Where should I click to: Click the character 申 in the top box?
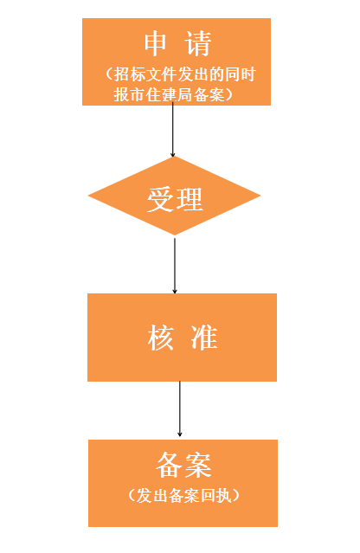[x=155, y=43]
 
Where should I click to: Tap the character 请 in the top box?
[x=198, y=43]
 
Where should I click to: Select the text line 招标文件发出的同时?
[x=185, y=74]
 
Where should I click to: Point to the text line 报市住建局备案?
[x=169, y=94]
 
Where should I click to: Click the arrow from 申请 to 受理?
[x=173, y=130]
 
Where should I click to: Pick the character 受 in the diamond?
[x=161, y=200]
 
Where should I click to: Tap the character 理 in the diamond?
[x=190, y=199]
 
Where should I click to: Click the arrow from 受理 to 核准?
[x=175, y=266]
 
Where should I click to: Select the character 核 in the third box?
[x=161, y=338]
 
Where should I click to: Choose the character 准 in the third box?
[x=204, y=338]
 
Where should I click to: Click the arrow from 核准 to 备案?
[x=179, y=409]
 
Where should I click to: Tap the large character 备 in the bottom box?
[x=170, y=465]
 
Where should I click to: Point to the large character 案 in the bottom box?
[x=198, y=465]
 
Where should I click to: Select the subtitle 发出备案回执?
[x=183, y=496]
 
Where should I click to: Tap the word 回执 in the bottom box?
[x=215, y=496]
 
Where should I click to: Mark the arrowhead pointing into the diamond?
[x=173, y=154]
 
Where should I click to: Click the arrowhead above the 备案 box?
[x=179, y=434]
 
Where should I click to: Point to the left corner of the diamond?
[x=88, y=196]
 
